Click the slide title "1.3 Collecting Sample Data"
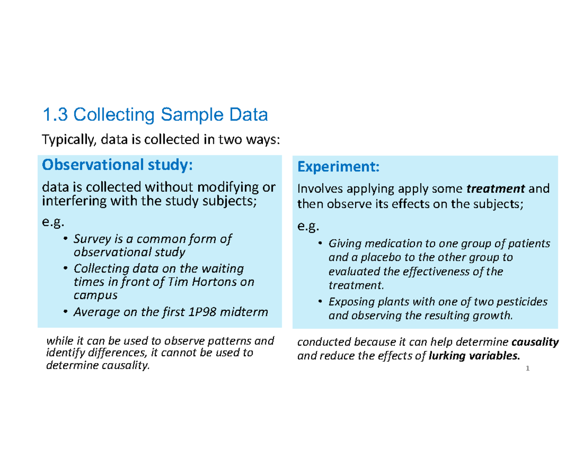[155, 116]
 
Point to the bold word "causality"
[536, 343]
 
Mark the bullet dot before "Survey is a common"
[66, 239]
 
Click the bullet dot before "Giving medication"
[320, 243]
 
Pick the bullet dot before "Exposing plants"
[320, 302]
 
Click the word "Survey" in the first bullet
[89, 239]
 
